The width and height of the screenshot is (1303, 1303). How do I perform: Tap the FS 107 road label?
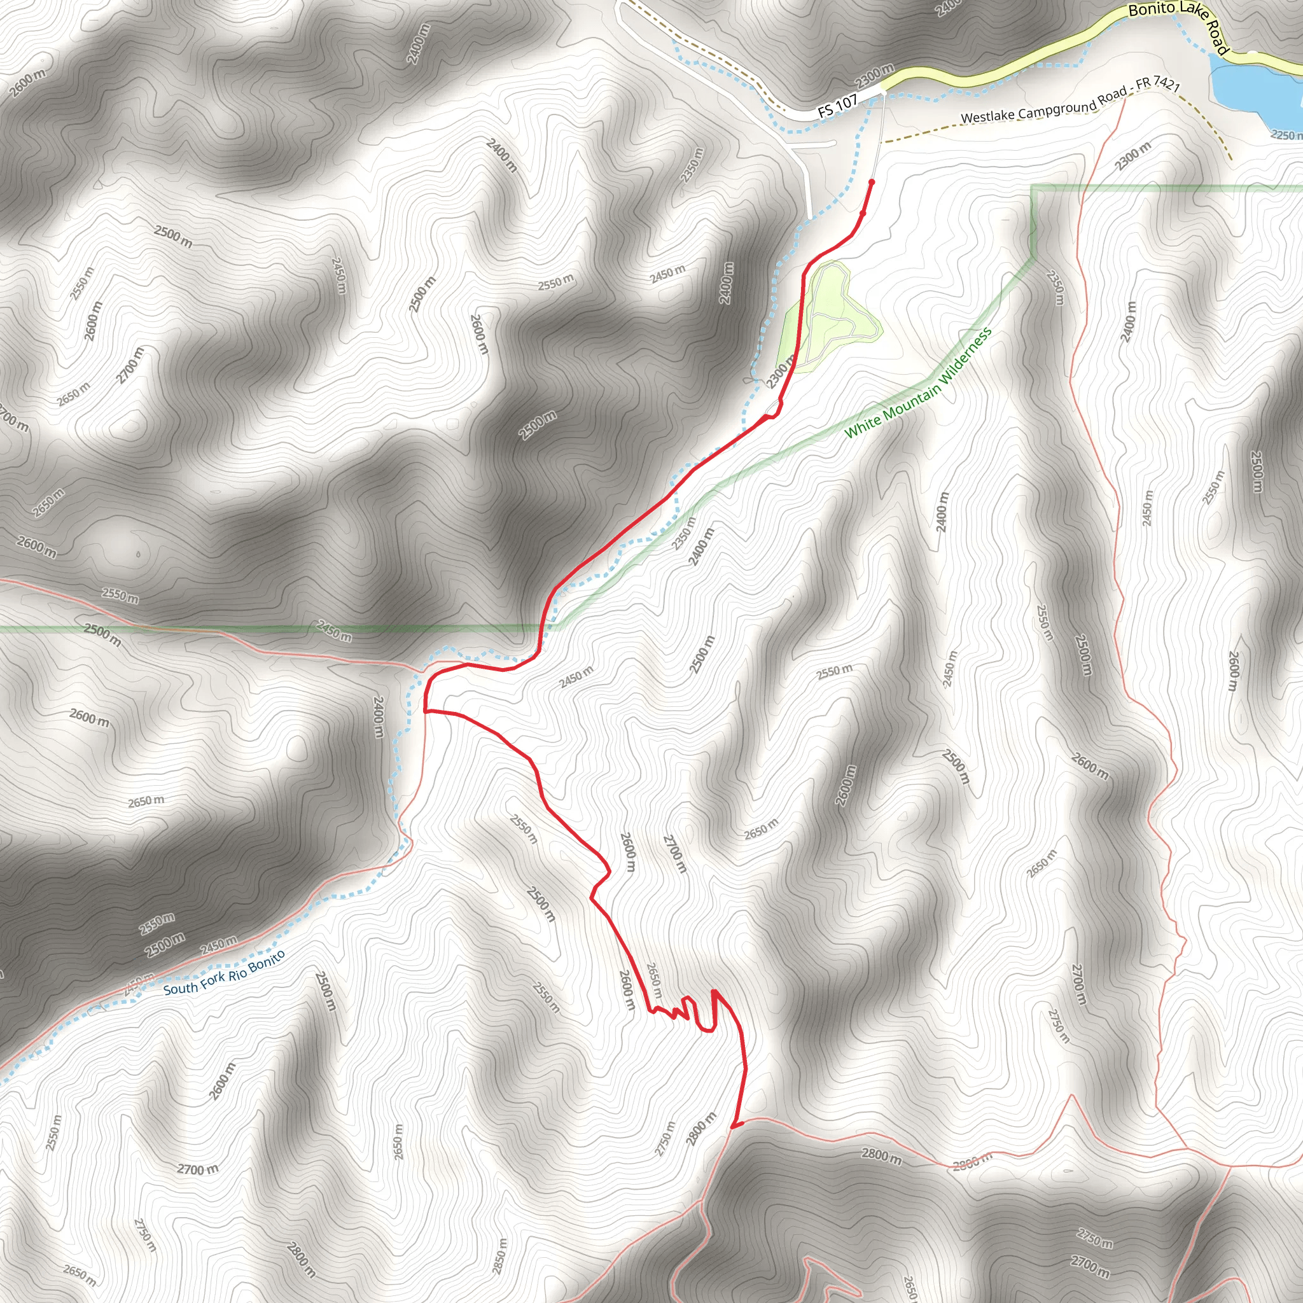(837, 106)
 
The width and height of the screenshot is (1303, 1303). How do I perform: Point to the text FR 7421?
(1157, 85)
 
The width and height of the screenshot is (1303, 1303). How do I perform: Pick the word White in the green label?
(863, 427)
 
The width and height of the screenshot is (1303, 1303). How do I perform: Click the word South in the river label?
(180, 989)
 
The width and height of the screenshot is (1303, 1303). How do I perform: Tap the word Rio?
(238, 972)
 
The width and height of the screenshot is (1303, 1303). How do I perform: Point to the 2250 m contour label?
(1285, 136)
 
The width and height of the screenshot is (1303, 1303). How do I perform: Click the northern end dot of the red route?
(872, 182)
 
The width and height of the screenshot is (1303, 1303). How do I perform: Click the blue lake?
(1255, 88)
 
